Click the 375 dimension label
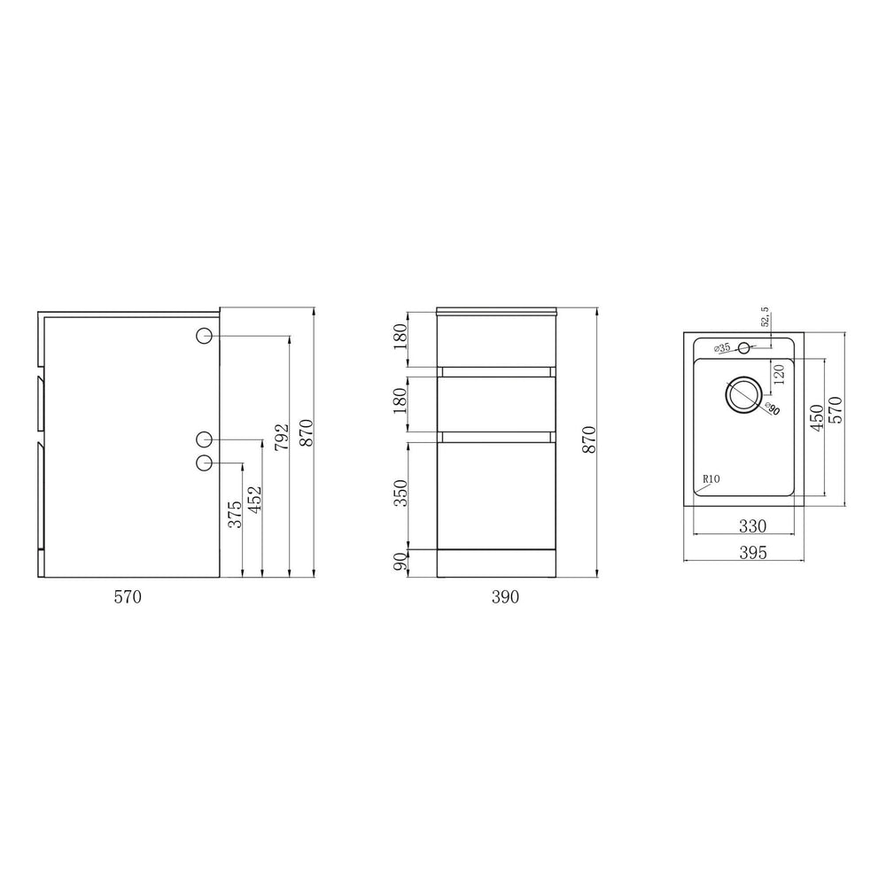235,514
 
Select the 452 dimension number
255,500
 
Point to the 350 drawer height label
400,494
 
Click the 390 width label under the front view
505,596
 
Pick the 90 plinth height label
400,562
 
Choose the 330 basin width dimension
752,526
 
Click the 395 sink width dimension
753,553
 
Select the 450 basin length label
817,417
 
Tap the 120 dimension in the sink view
779,375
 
